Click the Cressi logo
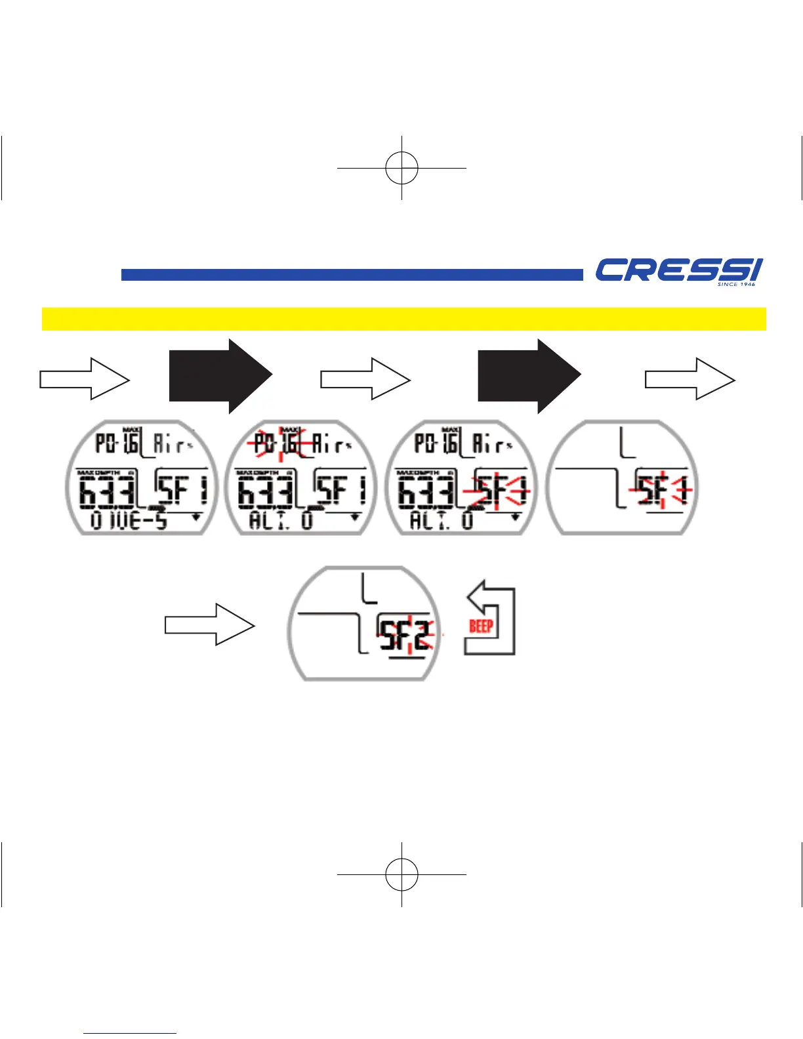point(678,270)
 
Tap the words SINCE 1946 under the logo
point(736,285)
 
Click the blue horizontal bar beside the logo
point(352,275)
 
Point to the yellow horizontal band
point(403,319)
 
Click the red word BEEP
point(481,626)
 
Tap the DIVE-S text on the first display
point(129,521)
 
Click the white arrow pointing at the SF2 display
point(209,624)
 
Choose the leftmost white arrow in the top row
point(85,379)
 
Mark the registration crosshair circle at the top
point(401,168)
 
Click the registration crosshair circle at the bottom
point(401,874)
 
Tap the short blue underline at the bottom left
point(130,1033)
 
